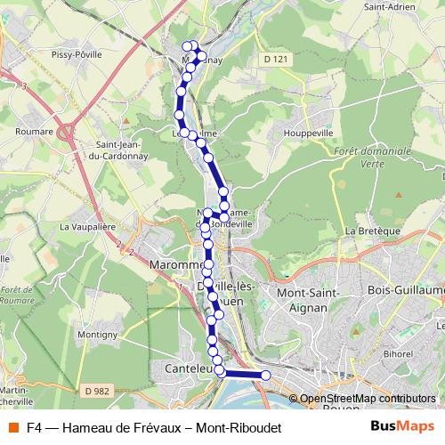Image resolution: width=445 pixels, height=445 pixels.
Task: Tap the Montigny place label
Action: [98, 334]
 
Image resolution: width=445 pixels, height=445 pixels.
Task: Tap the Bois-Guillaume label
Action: [405, 291]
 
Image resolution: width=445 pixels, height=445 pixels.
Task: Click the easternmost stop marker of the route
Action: [265, 376]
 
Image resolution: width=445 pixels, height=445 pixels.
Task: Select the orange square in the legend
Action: [13, 427]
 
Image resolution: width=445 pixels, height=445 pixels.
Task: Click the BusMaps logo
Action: [403, 427]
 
